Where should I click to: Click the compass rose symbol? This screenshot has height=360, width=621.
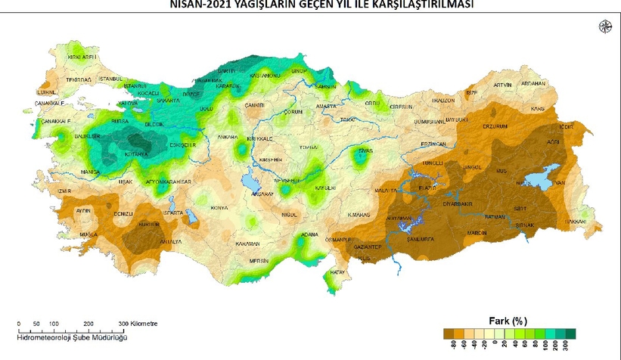(605, 27)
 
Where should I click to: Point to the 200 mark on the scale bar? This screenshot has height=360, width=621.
(88, 323)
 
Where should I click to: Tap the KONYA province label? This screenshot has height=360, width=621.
(219, 208)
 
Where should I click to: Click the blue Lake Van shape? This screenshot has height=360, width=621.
(541, 179)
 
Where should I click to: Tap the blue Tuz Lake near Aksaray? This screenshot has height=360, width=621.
(249, 182)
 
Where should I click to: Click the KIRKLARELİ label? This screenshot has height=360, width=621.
(84, 57)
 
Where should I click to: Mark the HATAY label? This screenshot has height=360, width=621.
(337, 272)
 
